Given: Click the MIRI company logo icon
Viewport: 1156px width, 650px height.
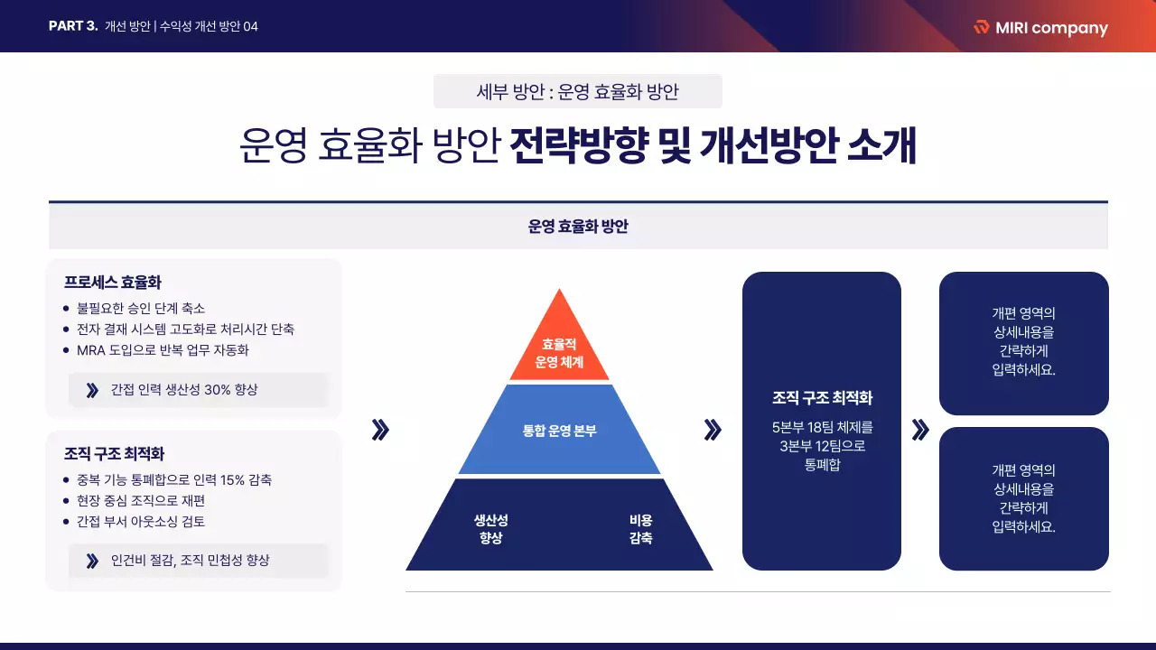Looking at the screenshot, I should click(982, 27).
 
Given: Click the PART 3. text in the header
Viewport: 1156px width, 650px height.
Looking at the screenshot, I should click(73, 26).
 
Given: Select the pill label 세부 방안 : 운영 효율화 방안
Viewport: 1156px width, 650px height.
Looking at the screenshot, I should click(577, 91).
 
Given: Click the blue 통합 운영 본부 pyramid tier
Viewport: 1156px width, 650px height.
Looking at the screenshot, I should click(560, 431).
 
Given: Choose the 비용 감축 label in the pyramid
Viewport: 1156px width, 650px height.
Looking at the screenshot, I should click(641, 529).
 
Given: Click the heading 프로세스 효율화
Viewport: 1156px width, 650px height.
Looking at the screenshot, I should click(113, 282).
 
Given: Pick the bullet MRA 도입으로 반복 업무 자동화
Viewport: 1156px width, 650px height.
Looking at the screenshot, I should click(163, 350).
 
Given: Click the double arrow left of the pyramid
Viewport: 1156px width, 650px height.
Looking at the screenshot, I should click(380, 431).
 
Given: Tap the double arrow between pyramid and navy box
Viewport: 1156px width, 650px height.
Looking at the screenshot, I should click(713, 431).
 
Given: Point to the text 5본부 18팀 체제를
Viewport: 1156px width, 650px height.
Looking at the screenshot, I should click(822, 426).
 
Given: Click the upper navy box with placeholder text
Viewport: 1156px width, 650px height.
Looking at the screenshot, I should click(1023, 343).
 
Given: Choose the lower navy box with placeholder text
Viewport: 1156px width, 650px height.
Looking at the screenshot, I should click(1023, 498).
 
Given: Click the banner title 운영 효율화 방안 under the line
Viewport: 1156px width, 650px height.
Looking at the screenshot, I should click(578, 227).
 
